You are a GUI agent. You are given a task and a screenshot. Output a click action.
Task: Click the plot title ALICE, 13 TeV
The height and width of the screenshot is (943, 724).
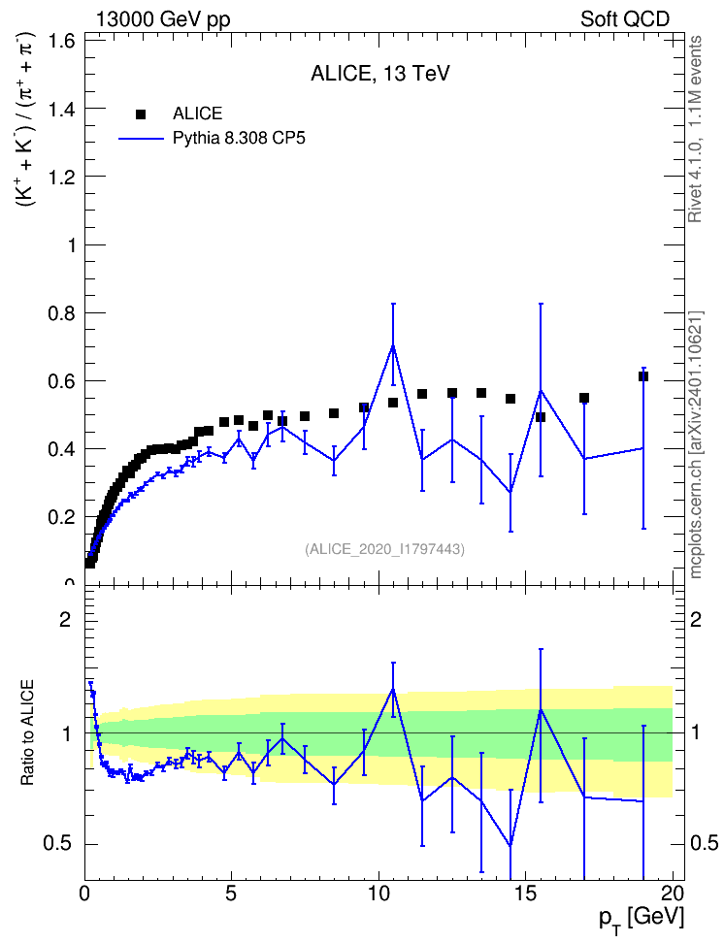click(379, 74)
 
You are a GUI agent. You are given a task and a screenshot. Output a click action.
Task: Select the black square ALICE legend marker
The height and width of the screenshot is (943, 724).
click(141, 114)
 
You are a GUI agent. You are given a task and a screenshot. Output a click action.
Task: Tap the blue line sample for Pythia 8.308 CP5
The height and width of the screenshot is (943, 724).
click(141, 139)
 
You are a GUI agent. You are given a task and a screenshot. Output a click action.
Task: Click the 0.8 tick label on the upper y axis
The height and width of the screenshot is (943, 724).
click(61, 313)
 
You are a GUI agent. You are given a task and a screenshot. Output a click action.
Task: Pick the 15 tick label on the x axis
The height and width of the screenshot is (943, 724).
click(526, 894)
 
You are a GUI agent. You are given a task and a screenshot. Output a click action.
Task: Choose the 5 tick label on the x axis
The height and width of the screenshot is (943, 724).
click(232, 894)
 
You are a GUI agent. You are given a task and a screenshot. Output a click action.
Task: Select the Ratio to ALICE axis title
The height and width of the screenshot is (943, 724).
click(27, 732)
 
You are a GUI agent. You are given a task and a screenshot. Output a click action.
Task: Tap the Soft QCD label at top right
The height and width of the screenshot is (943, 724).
click(625, 19)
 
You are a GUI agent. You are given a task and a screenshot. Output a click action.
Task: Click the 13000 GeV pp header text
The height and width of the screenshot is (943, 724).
click(163, 19)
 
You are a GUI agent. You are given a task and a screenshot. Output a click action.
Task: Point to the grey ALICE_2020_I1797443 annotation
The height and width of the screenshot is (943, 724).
click(385, 549)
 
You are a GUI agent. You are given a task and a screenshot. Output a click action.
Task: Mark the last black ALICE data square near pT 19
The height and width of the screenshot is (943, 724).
click(643, 376)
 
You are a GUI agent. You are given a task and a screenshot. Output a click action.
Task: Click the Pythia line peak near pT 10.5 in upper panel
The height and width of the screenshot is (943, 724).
click(393, 345)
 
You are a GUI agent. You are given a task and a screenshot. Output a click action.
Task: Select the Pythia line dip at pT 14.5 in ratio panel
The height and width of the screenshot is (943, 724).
click(510, 846)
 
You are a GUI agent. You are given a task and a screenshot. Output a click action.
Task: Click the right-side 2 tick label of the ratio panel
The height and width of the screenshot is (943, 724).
click(696, 620)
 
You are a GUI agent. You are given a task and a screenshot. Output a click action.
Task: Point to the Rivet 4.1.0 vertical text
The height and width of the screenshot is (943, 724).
click(695, 129)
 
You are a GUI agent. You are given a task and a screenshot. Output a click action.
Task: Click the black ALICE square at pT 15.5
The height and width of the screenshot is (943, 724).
click(541, 417)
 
